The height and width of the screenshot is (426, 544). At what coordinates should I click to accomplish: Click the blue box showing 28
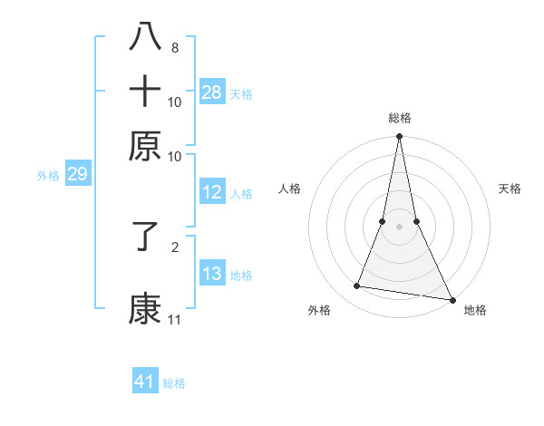212,92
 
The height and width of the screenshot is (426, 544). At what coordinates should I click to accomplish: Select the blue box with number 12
212,192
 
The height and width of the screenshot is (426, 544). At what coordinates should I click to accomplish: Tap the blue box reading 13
212,274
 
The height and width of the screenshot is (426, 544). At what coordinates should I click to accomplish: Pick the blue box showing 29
77,174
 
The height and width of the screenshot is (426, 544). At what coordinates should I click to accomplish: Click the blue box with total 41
145,382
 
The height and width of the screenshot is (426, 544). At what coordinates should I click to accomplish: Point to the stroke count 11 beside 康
174,320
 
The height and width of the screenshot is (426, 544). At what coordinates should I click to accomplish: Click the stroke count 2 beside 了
175,246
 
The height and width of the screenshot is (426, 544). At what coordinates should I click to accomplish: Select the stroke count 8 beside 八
175,48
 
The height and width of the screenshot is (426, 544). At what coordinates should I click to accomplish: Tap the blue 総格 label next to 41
174,383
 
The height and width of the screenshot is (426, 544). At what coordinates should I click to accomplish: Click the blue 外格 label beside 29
47,176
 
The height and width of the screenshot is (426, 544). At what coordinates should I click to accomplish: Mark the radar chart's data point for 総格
399,137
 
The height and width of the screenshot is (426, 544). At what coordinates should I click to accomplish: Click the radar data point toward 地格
452,299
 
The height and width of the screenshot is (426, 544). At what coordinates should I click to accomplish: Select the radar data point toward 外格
357,286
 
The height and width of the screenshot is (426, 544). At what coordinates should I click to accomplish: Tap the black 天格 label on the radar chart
510,189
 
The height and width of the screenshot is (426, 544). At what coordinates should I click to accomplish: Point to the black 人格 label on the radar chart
289,189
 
